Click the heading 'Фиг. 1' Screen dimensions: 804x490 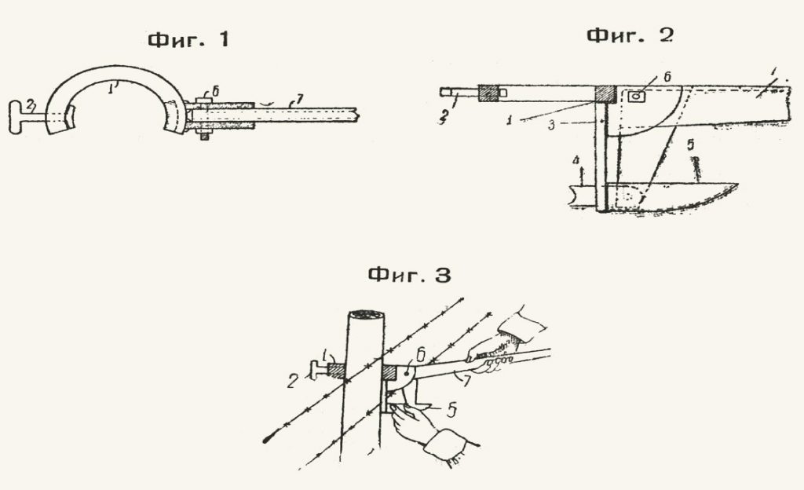(188, 39)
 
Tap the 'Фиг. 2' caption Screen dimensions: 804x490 (630, 35)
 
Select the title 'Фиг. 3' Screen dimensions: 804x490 (410, 275)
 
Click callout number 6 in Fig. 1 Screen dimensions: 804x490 (215, 91)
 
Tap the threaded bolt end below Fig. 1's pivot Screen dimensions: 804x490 (204, 135)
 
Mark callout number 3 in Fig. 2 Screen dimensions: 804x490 (550, 125)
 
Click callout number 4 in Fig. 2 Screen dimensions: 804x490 (576, 162)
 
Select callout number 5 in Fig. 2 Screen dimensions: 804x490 (691, 145)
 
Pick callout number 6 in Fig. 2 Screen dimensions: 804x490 (667, 77)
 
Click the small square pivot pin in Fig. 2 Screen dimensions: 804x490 (636, 97)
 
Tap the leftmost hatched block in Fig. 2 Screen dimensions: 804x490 (488, 93)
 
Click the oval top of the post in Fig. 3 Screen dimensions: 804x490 (366, 313)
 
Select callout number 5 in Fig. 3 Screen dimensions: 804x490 (451, 410)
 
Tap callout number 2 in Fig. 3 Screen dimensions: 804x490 (292, 381)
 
